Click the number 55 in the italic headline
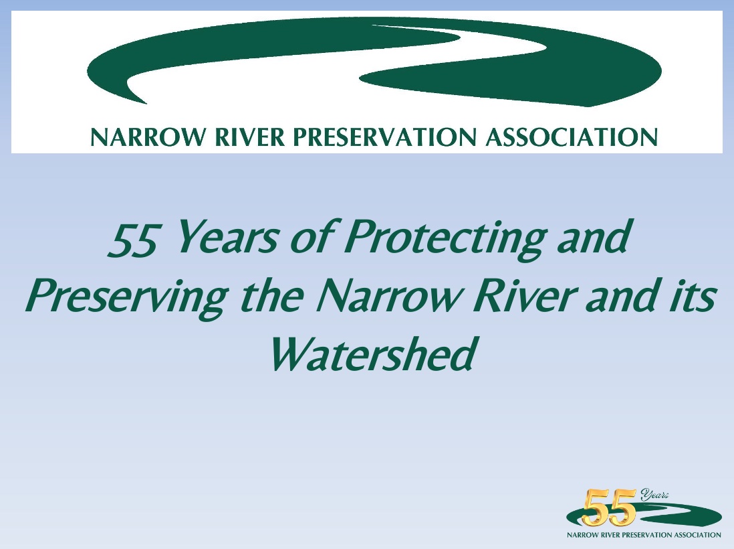click(x=132, y=240)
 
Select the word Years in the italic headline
click(x=227, y=237)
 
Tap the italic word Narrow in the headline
click(x=388, y=297)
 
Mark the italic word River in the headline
click(x=523, y=297)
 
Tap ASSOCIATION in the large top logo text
click(x=572, y=137)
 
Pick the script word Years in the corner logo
click(x=654, y=494)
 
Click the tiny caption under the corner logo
click(x=644, y=534)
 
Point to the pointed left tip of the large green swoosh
click(x=146, y=102)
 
